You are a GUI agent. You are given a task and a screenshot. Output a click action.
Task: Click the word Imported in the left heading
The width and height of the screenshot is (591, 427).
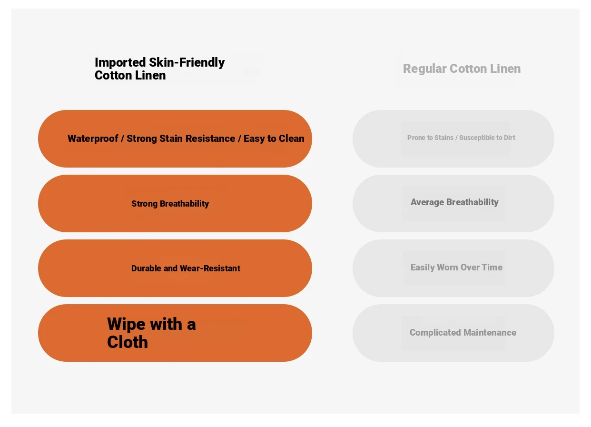pyautogui.click(x=120, y=63)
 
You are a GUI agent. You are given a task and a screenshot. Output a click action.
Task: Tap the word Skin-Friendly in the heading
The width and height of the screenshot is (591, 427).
pyautogui.click(x=187, y=62)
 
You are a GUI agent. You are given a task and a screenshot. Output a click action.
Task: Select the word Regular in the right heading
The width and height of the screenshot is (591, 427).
pyautogui.click(x=424, y=69)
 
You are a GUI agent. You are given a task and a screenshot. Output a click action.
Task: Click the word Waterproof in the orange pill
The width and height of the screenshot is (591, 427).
pyautogui.click(x=93, y=139)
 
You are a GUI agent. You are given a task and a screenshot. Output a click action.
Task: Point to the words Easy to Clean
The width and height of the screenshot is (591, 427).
pyautogui.click(x=274, y=139)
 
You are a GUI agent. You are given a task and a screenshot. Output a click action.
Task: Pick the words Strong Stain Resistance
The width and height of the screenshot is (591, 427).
pyautogui.click(x=181, y=139)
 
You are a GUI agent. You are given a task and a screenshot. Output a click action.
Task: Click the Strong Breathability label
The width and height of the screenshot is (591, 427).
pyautogui.click(x=170, y=204)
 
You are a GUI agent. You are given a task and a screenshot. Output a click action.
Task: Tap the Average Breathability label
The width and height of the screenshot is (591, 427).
pyautogui.click(x=454, y=202)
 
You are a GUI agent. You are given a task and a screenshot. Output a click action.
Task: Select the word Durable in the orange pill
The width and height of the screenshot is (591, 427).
pyautogui.click(x=146, y=268)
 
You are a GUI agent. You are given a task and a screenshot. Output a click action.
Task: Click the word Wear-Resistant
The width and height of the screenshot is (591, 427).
pyautogui.click(x=210, y=268)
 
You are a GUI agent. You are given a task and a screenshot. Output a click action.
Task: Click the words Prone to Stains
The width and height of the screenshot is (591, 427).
pyautogui.click(x=430, y=138)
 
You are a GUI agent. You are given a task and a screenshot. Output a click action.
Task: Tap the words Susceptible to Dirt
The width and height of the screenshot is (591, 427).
pyautogui.click(x=487, y=138)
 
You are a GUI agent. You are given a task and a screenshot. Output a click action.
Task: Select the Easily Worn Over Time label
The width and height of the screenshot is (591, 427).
pyautogui.click(x=456, y=268)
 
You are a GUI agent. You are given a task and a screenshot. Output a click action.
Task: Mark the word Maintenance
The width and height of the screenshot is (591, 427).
pyautogui.click(x=490, y=333)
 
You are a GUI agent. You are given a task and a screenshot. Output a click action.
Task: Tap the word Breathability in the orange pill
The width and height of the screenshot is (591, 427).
pyautogui.click(x=185, y=204)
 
